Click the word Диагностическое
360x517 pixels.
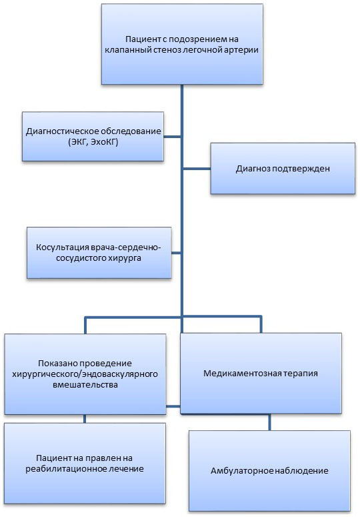click(x=62, y=131)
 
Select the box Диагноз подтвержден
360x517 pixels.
click(x=283, y=168)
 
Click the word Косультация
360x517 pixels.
click(x=62, y=247)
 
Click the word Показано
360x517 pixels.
click(x=55, y=364)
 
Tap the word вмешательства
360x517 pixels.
click(x=85, y=385)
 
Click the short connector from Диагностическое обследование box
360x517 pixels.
click(x=172, y=137)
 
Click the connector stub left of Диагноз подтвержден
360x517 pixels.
click(x=197, y=169)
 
